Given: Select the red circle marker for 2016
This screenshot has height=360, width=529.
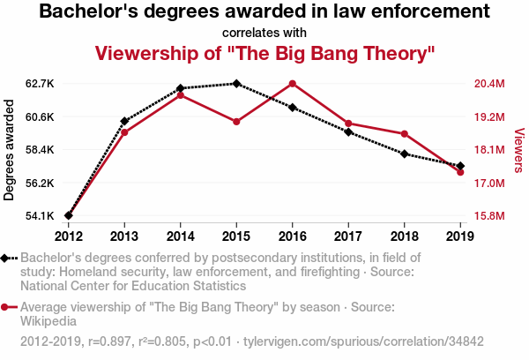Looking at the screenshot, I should (x=292, y=84).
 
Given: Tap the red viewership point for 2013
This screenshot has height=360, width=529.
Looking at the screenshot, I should (x=124, y=132).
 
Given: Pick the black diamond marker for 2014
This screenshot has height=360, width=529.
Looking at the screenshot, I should (x=180, y=88).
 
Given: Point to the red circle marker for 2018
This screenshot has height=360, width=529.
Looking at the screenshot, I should (x=404, y=134).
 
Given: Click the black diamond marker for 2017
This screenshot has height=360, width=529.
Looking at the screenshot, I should (x=348, y=132).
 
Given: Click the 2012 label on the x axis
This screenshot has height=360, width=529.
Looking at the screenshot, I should (x=68, y=236).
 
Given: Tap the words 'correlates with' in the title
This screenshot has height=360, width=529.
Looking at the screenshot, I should (x=264, y=33).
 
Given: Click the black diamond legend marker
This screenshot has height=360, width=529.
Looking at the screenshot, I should (x=7, y=258).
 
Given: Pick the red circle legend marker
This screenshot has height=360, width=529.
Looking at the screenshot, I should (x=7, y=308).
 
